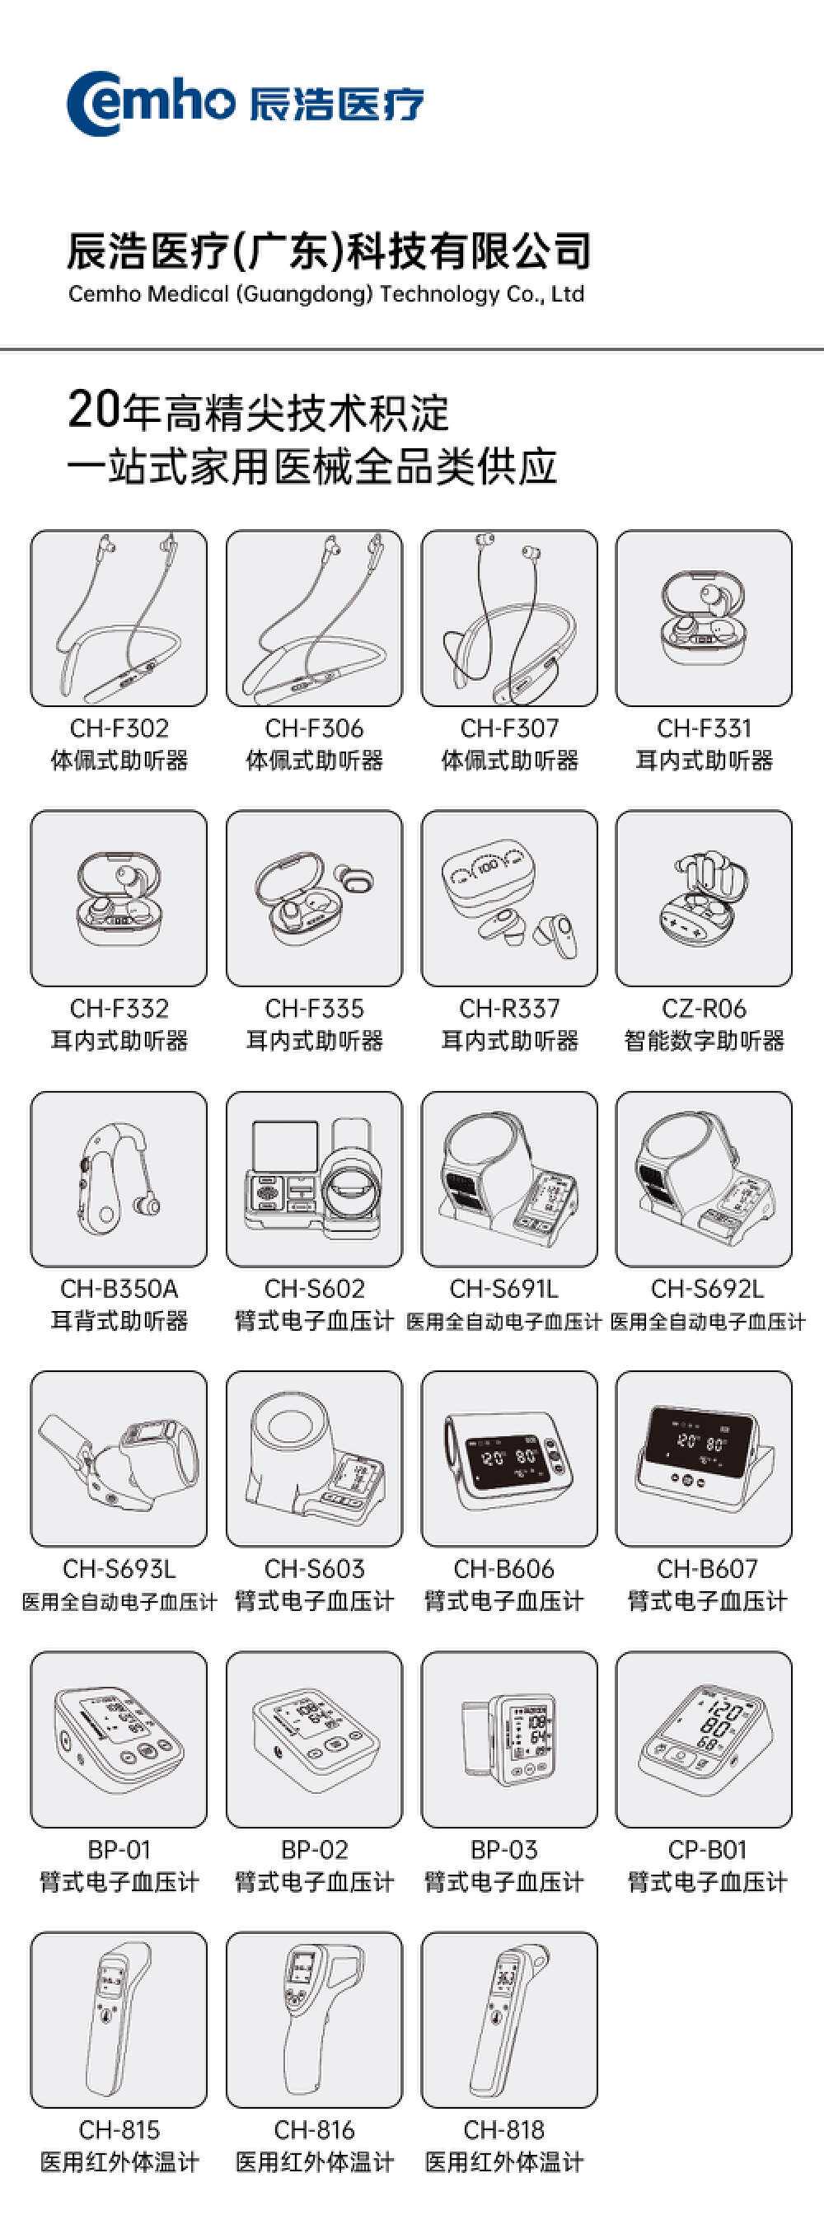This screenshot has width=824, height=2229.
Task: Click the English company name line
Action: click(326, 294)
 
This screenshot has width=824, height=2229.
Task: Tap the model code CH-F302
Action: click(119, 728)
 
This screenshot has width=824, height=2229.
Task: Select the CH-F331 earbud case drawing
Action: click(704, 618)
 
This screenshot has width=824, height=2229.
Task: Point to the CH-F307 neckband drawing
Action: click(509, 618)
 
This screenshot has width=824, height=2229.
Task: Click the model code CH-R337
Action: click(509, 1008)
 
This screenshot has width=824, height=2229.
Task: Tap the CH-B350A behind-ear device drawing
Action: click(119, 1179)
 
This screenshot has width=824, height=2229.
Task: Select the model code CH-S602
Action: click(314, 1289)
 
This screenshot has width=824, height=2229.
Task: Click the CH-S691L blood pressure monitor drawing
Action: click(509, 1179)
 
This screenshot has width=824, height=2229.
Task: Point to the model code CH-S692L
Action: click(707, 1289)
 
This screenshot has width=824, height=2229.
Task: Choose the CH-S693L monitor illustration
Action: click(119, 1459)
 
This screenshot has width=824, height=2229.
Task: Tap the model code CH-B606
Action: click(503, 1569)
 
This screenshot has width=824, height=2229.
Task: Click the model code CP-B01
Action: click(707, 1849)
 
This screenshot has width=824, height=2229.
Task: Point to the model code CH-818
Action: click(503, 2129)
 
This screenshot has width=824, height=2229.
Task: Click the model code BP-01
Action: click(119, 1849)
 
